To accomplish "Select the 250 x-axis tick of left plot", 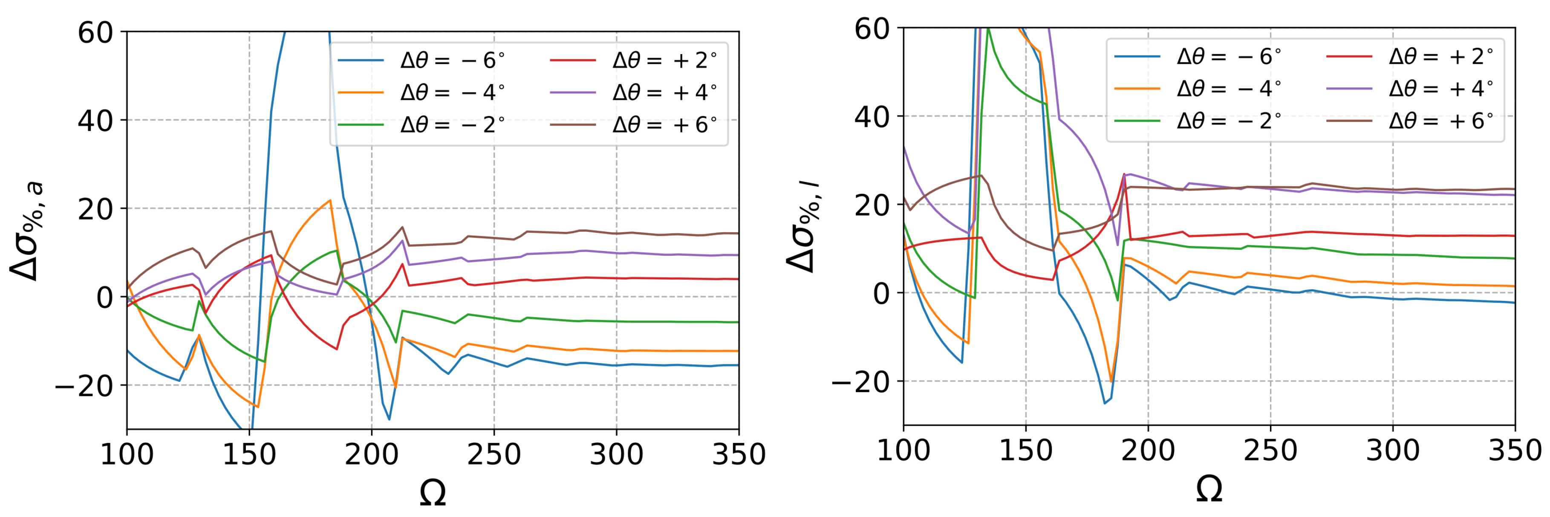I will [494, 454].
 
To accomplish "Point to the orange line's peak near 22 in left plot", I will [330, 200].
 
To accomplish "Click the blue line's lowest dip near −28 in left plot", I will [389, 419].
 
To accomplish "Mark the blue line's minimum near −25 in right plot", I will [1105, 403].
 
